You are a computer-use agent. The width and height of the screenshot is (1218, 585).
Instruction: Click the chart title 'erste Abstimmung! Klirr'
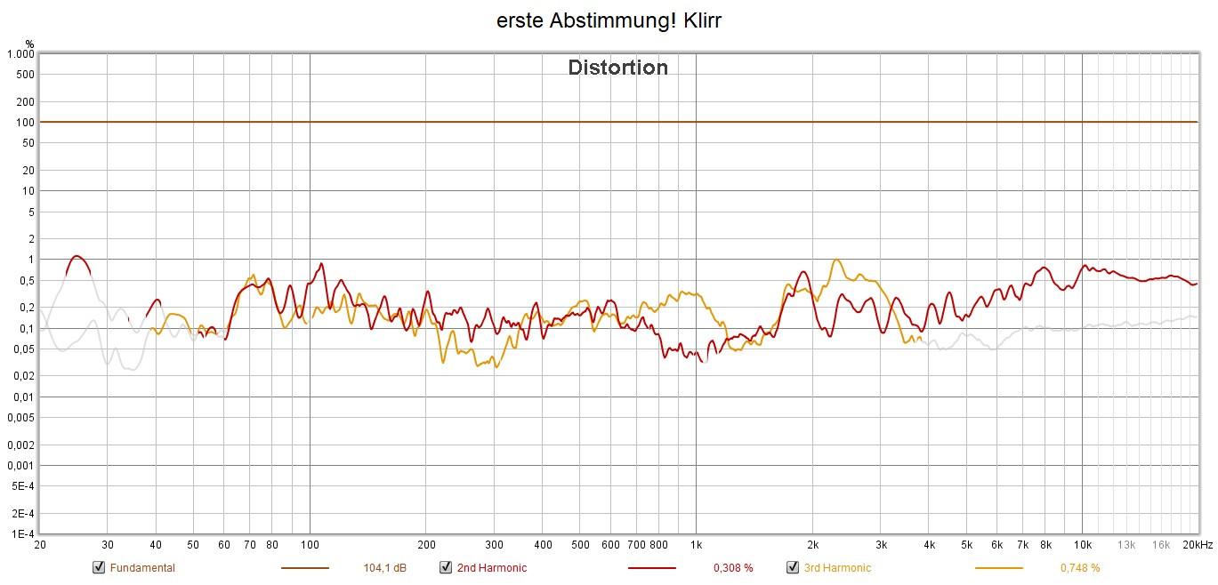pos(609,21)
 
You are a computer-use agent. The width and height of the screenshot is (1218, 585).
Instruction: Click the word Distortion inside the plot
pos(617,68)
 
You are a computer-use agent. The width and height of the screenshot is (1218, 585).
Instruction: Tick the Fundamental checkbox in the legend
pos(99,568)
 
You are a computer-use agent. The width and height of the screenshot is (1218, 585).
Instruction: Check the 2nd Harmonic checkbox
pos(446,568)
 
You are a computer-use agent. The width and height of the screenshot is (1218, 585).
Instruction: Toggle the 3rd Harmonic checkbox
pos(793,568)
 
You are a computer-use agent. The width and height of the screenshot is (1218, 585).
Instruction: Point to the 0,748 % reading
pos(1080,568)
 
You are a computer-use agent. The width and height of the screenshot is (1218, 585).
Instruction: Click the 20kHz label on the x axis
pos(1197,545)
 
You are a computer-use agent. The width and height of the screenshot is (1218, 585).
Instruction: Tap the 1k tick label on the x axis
pos(696,545)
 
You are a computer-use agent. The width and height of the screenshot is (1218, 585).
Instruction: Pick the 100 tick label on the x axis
pos(310,545)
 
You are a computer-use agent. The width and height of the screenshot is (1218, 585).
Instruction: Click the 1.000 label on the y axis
pos(20,54)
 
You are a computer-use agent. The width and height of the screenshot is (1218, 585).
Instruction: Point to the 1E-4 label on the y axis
pos(21,534)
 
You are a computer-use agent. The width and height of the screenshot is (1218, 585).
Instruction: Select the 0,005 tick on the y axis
pos(20,418)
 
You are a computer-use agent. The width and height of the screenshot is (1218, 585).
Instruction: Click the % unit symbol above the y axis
pos(29,43)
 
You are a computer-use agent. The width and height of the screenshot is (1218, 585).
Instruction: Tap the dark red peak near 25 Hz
pos(77,256)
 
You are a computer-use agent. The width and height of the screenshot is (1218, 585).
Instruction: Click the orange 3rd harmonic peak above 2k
pos(836,260)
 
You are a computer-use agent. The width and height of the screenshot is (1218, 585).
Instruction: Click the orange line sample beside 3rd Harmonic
pos(999,568)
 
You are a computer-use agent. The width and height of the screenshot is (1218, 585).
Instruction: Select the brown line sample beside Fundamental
pos(305,568)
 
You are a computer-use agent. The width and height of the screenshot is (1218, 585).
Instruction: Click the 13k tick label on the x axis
pos(1126,545)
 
